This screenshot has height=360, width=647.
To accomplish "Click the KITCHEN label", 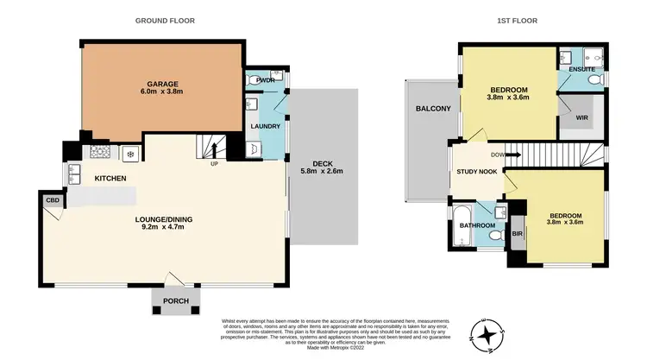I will point(110,179).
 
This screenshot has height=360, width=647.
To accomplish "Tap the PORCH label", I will point(176,301).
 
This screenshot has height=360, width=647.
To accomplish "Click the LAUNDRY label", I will point(262,126).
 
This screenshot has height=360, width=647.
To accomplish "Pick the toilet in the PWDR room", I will point(252,80).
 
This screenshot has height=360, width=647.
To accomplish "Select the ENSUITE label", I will point(581,67).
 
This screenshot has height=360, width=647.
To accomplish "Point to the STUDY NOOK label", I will point(476,172).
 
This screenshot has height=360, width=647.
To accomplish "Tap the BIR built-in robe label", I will point(518,233).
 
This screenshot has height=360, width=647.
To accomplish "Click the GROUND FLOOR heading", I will point(165,20).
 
